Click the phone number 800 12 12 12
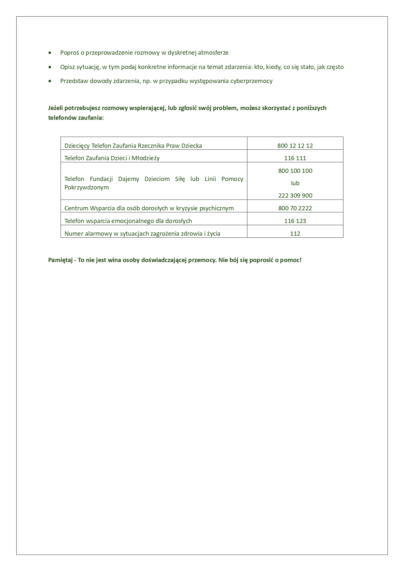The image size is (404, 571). (x=295, y=146)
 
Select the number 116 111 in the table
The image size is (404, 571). (x=295, y=158)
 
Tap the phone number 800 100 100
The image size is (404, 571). (x=295, y=171)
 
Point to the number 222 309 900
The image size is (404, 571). (x=295, y=195)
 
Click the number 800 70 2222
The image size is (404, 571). (x=295, y=208)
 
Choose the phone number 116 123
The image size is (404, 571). (x=295, y=221)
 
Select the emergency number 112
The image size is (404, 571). (x=295, y=233)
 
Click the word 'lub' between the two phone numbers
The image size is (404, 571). (x=295, y=183)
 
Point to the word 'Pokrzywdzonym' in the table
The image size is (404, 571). (x=87, y=188)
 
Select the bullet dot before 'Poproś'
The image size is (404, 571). (x=50, y=53)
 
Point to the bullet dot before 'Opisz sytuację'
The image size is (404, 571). (x=50, y=67)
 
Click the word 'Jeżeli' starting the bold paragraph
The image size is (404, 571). (x=56, y=108)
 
